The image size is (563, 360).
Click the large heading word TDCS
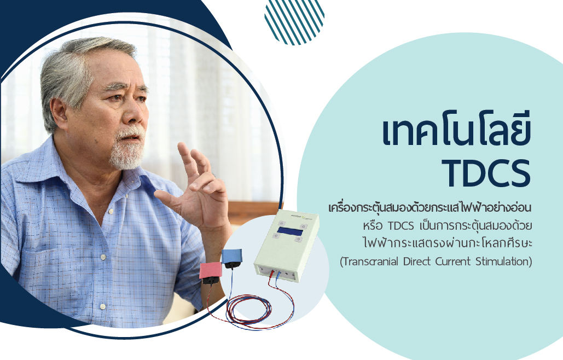pyautogui.click(x=486, y=173)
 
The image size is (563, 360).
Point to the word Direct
pyautogui.click(x=417, y=261)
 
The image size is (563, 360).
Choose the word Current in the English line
pyautogui.click(x=453, y=261)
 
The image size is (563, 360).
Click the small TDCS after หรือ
pyautogui.click(x=401, y=226)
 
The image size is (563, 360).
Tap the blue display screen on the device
pyautogui.click(x=290, y=231)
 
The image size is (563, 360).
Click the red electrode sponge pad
pyautogui.click(x=211, y=270)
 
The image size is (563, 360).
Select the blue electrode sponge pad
pyautogui.click(x=231, y=256)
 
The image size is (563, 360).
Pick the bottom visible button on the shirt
pyautogui.click(x=103, y=306)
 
